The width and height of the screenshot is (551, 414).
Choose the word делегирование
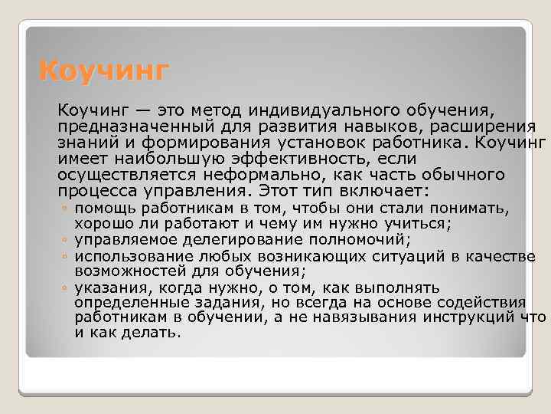244,240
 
